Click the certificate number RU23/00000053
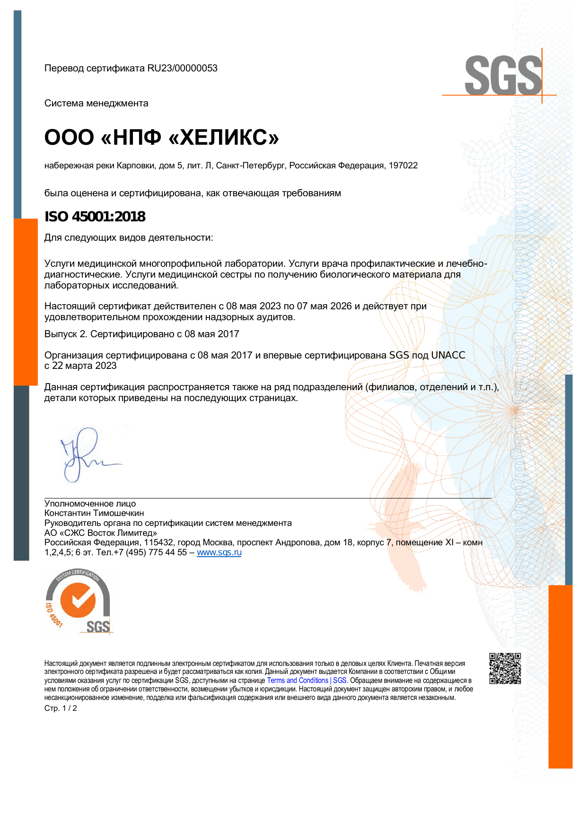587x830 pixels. tap(182, 68)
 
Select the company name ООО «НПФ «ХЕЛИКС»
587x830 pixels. tap(161, 138)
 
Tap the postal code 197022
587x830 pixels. tap(403, 166)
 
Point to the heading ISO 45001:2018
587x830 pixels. tap(95, 217)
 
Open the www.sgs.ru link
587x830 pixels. tap(219, 552)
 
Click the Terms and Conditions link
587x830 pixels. tap(298, 681)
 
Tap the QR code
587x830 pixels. tap(505, 668)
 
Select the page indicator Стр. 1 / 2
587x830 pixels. tap(61, 708)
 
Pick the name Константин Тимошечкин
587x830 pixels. tap(94, 513)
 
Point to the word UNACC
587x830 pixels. tap(448, 355)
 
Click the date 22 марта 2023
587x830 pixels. tap(84, 366)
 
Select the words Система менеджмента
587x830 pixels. tap(96, 103)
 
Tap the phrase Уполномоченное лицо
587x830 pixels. tap(90, 504)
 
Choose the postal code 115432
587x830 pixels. tap(158, 542)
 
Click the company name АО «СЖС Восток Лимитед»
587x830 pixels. tap(100, 533)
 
